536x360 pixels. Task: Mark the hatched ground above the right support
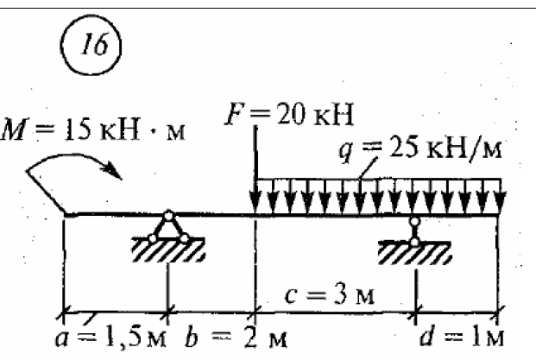[415, 252]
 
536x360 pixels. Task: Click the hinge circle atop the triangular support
[169, 216]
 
